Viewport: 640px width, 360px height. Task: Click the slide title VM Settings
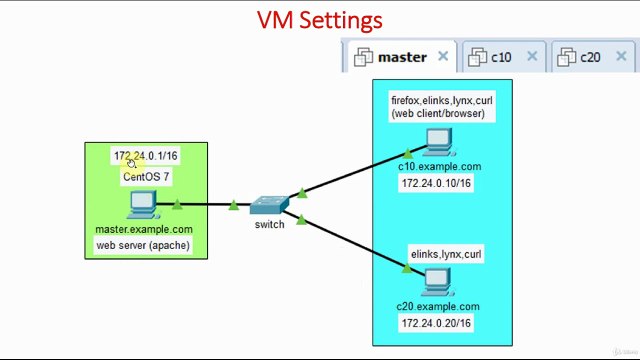coord(320,20)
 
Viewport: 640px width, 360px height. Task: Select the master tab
coord(401,57)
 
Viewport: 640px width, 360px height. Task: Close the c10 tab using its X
coord(532,57)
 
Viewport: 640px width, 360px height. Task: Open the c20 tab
coord(590,57)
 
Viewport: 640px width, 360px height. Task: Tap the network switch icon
coord(268,205)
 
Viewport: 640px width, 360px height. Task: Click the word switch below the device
coord(268,224)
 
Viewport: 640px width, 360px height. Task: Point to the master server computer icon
coord(143,205)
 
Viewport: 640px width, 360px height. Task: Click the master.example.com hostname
coord(144,230)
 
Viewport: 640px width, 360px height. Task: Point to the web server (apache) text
coord(143,245)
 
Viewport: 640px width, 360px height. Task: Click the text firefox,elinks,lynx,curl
coord(441,101)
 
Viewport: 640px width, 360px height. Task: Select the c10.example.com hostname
coord(439,167)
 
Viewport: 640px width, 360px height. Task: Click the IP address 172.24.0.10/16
coord(436,184)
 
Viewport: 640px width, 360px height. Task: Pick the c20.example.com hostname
coord(438,306)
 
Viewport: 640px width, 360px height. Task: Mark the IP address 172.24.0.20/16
coord(436,323)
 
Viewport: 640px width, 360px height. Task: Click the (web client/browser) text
coord(438,114)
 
